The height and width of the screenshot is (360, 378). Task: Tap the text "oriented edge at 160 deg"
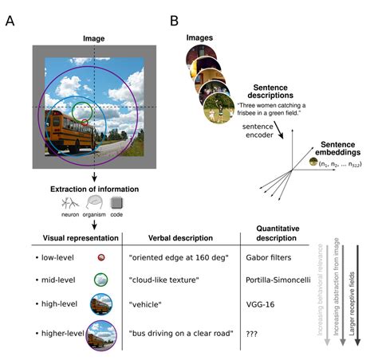tap(176, 259)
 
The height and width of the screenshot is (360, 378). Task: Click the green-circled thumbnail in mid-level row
tap(101, 280)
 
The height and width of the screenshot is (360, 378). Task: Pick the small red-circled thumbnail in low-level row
tap(101, 259)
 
